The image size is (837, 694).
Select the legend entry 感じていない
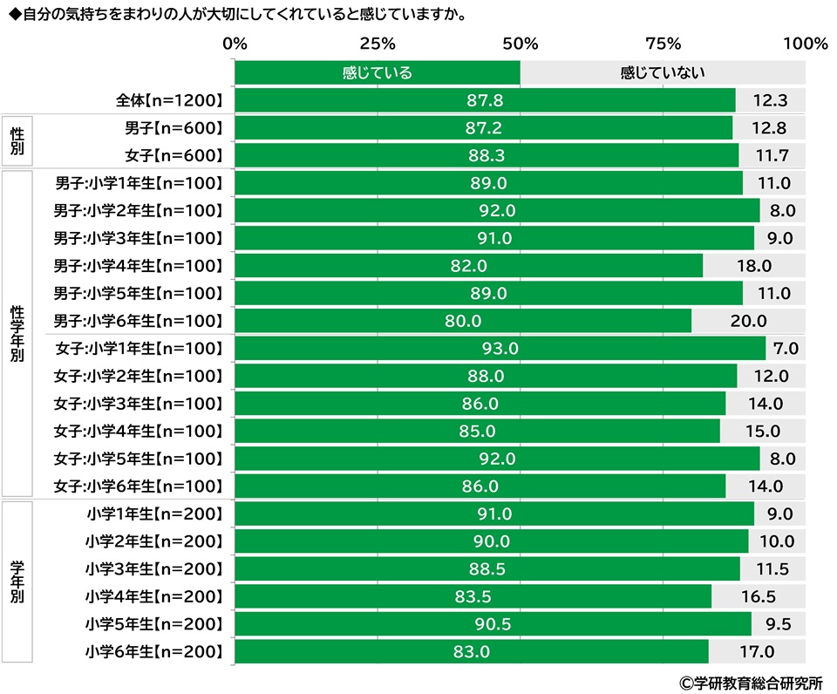tap(662, 73)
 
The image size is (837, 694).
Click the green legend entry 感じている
tap(377, 73)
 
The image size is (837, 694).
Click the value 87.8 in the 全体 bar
tap(485, 101)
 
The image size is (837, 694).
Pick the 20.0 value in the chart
tap(748, 321)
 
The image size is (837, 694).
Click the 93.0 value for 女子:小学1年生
tap(500, 349)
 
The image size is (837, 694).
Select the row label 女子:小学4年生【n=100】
tap(139, 431)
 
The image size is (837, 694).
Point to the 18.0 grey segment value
tap(753, 266)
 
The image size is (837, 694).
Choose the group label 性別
tap(17, 141)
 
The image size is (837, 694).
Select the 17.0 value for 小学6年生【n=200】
tap(757, 651)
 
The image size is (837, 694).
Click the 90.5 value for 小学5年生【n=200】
tap(493, 624)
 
